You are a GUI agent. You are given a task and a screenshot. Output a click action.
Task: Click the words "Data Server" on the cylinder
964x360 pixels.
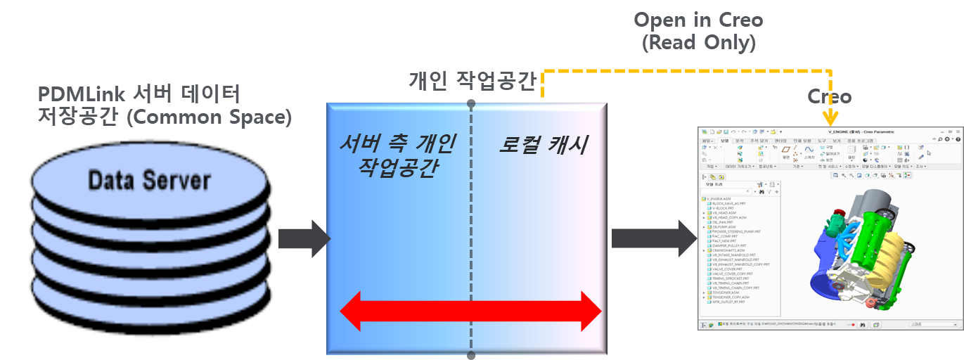149,181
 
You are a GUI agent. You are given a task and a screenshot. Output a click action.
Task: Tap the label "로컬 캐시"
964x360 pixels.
542,145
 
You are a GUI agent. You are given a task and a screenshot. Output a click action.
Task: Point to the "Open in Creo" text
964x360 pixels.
698,20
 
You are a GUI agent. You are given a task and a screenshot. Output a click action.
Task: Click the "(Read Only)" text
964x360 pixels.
698,43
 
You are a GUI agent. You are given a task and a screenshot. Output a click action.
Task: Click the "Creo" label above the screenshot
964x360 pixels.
829,97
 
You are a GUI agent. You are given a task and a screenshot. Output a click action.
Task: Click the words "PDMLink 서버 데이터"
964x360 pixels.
139,93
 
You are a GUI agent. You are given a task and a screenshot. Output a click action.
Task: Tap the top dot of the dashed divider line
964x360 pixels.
471,103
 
